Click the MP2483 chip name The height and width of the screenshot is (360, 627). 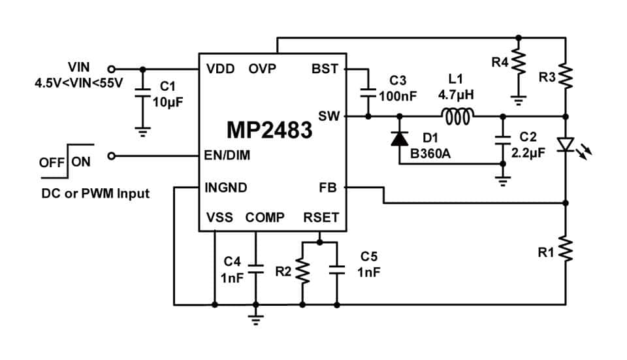(x=269, y=129)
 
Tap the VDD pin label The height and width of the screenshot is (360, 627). (x=221, y=69)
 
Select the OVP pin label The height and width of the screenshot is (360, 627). (x=263, y=69)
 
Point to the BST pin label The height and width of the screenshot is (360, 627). (x=325, y=69)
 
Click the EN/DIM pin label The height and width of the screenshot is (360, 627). (x=227, y=155)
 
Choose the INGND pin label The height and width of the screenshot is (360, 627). (x=226, y=188)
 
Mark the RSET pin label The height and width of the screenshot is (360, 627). (x=321, y=218)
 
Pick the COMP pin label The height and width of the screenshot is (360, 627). (x=265, y=218)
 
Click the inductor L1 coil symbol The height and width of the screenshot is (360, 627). (x=458, y=116)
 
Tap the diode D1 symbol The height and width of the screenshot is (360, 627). (x=400, y=139)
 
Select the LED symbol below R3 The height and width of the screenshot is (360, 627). (x=566, y=144)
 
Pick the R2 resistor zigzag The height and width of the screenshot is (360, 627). (x=302, y=271)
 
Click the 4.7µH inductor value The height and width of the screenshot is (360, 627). (x=457, y=95)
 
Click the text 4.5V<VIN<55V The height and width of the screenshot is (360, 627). (x=79, y=83)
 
